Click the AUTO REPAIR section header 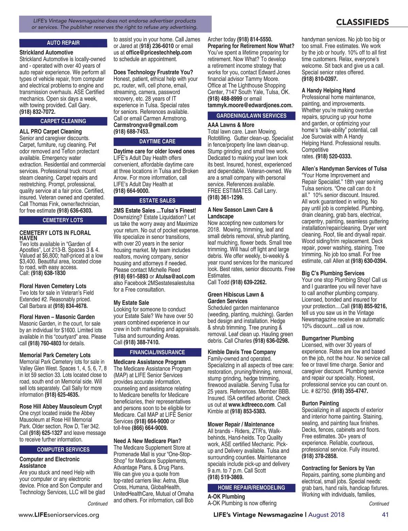coord(63,43)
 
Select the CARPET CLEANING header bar coord(63,121)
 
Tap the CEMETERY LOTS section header coord(63,220)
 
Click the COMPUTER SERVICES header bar coord(63,449)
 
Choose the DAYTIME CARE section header coord(157,141)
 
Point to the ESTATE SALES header coord(157,200)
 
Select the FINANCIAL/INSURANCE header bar coord(157,352)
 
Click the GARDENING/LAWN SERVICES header coord(252,116)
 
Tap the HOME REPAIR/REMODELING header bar coord(252,488)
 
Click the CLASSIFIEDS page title coord(362,22)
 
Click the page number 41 coord(385,514)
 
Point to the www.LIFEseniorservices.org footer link coord(59,515)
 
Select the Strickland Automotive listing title coord(46,52)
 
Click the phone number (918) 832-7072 coord(37,112)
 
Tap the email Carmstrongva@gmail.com coord(146,125)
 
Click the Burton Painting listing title coord(320,403)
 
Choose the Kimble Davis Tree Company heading coord(242,352)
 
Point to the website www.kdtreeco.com coord(252,405)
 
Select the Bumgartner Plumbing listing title coord(328,338)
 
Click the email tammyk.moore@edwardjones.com coord(250,105)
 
